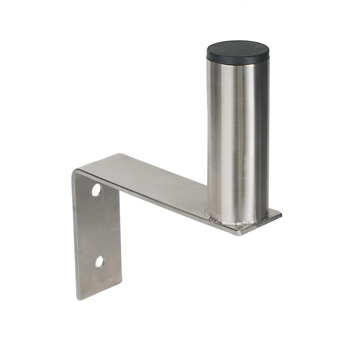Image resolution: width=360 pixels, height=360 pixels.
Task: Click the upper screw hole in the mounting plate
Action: (x=97, y=190)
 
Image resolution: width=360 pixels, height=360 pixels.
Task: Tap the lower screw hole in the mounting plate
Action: (x=100, y=262)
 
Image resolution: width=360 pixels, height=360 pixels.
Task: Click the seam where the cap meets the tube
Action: (x=238, y=65)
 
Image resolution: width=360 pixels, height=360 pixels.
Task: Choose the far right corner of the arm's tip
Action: (x=281, y=215)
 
